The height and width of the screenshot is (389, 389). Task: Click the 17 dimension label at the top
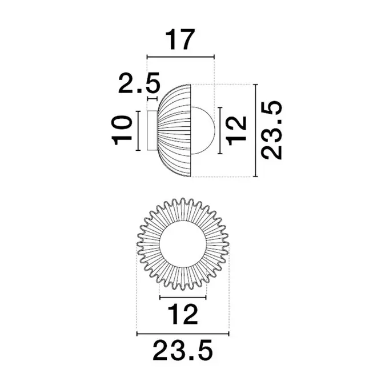(x=179, y=39)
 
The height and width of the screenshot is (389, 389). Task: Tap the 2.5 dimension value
(x=139, y=83)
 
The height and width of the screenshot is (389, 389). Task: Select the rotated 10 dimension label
(x=122, y=130)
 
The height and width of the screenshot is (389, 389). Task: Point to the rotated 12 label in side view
(x=236, y=130)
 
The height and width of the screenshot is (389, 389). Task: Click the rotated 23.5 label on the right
(x=272, y=130)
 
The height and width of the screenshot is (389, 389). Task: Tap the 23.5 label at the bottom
(x=183, y=350)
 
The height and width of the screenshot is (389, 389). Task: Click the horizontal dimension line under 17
(x=181, y=57)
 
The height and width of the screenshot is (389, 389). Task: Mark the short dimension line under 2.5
(x=153, y=99)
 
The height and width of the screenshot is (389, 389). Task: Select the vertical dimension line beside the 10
(x=138, y=131)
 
